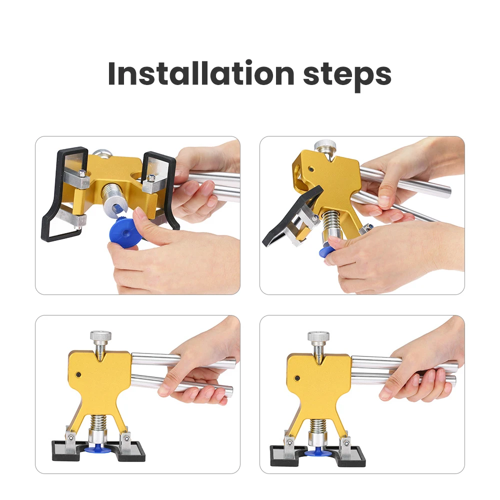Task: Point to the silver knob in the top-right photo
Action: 325,146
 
